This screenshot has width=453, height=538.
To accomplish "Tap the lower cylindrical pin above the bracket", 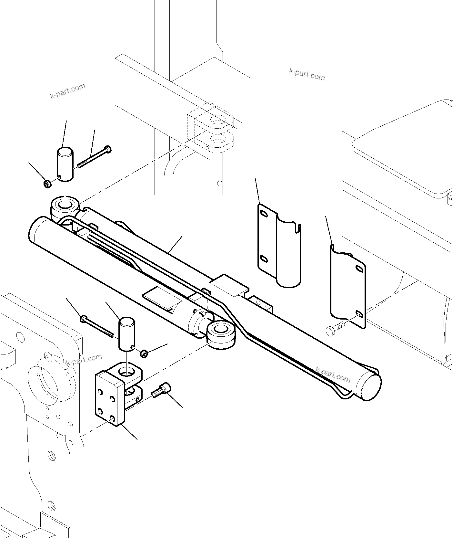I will pyautogui.click(x=126, y=334).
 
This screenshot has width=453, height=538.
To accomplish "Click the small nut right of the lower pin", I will pyautogui.click(x=144, y=353).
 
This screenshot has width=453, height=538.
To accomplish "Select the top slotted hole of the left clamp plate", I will pyautogui.click(x=264, y=214).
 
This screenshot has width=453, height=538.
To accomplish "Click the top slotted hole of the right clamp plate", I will pyautogui.click(x=358, y=268).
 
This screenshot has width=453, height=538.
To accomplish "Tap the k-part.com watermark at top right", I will pyautogui.click(x=307, y=74).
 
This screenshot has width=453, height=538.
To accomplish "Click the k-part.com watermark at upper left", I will pyautogui.click(x=68, y=91).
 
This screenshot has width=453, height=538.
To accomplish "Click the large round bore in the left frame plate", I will pyautogui.click(x=44, y=381).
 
